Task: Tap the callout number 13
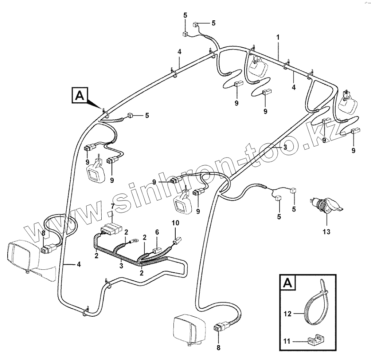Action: [x=327, y=232]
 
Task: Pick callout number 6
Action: [x=157, y=232]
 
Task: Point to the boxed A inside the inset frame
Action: [x=288, y=283]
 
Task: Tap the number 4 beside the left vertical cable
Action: [x=79, y=265]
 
